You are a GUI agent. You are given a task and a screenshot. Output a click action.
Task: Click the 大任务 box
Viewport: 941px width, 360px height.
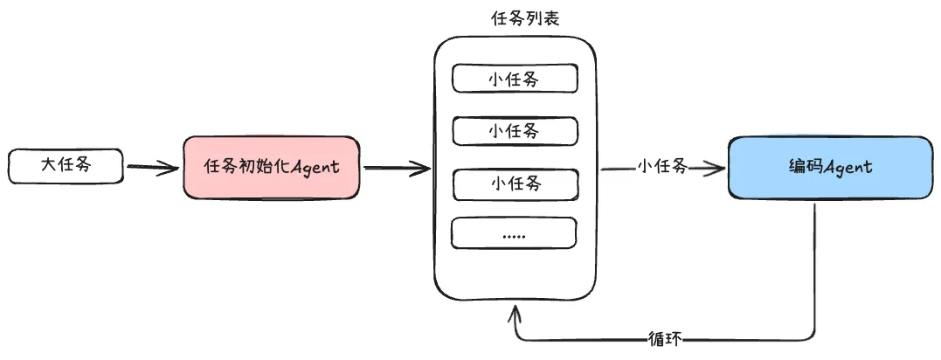click(x=66, y=166)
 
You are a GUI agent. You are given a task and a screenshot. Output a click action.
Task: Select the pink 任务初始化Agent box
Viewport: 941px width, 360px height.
click(x=271, y=167)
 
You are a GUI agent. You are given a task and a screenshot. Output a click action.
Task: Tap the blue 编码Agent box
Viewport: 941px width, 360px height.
click(x=831, y=168)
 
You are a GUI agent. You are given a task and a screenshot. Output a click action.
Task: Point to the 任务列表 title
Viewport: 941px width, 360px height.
click(x=525, y=18)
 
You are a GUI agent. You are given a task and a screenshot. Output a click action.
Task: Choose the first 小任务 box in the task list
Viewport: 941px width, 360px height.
click(x=515, y=78)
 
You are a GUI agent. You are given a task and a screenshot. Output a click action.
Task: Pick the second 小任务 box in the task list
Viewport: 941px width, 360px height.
click(x=515, y=131)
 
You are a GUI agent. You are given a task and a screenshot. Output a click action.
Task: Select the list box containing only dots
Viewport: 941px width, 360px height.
click(x=515, y=232)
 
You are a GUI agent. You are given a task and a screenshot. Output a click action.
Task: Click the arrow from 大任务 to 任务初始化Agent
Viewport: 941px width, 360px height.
click(x=153, y=168)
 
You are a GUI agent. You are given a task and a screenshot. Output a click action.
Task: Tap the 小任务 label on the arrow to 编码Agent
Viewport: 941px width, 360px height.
click(x=662, y=166)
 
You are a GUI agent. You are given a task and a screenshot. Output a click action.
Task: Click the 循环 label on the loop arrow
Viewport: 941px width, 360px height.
click(x=665, y=340)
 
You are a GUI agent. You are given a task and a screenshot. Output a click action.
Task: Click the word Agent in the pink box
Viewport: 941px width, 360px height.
click(x=315, y=167)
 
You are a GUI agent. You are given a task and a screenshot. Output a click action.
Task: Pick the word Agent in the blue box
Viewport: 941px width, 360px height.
click(x=848, y=168)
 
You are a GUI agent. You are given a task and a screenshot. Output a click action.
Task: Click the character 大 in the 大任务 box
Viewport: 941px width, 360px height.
click(x=49, y=165)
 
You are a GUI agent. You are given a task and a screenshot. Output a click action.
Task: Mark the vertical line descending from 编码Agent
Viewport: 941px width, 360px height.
click(x=814, y=270)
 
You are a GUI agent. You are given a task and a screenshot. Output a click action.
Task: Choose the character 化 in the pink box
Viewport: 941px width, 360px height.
click(x=280, y=166)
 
